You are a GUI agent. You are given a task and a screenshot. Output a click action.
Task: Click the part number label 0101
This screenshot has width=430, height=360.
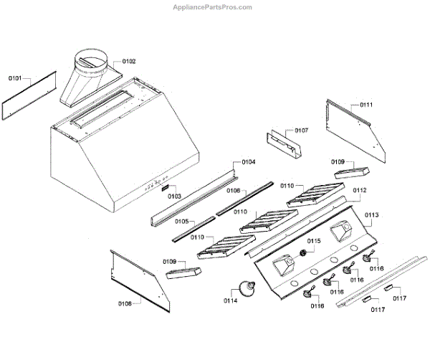[x=16, y=77]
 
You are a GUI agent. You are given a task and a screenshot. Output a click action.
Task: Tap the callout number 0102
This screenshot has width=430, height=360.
[x=129, y=62]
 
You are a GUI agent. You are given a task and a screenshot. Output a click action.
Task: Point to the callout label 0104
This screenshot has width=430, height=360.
[x=248, y=162]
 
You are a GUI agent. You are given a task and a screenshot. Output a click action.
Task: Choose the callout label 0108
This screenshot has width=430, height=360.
[x=125, y=303]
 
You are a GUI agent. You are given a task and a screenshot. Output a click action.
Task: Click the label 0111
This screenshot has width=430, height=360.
[x=366, y=105]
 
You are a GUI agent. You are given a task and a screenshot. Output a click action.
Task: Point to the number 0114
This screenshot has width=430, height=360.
[x=231, y=300]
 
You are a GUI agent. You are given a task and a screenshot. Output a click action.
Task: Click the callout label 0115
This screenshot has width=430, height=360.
[x=314, y=241]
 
